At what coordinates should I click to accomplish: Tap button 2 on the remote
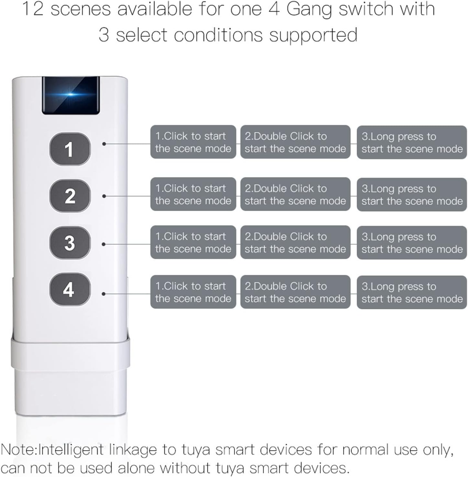click(x=70, y=196)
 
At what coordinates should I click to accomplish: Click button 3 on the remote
click(x=70, y=243)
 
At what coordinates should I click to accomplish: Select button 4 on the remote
click(x=70, y=289)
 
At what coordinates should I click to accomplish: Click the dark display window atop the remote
click(x=71, y=95)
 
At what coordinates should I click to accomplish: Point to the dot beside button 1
click(x=104, y=144)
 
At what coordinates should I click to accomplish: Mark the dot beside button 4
click(x=104, y=294)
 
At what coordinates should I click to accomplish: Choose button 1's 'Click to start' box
click(x=193, y=142)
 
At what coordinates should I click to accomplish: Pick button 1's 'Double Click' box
click(x=295, y=142)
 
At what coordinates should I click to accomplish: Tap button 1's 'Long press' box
click(x=412, y=142)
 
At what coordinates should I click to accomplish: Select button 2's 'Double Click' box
click(x=295, y=194)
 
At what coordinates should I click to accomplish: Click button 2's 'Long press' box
click(x=412, y=194)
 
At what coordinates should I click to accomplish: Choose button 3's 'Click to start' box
click(x=193, y=242)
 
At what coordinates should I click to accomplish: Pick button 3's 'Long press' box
click(x=412, y=243)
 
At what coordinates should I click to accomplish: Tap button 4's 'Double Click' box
click(x=295, y=292)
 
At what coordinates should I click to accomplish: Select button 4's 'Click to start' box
click(x=193, y=292)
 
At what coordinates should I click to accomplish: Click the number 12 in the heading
click(x=33, y=9)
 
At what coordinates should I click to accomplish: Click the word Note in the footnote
click(x=18, y=450)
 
